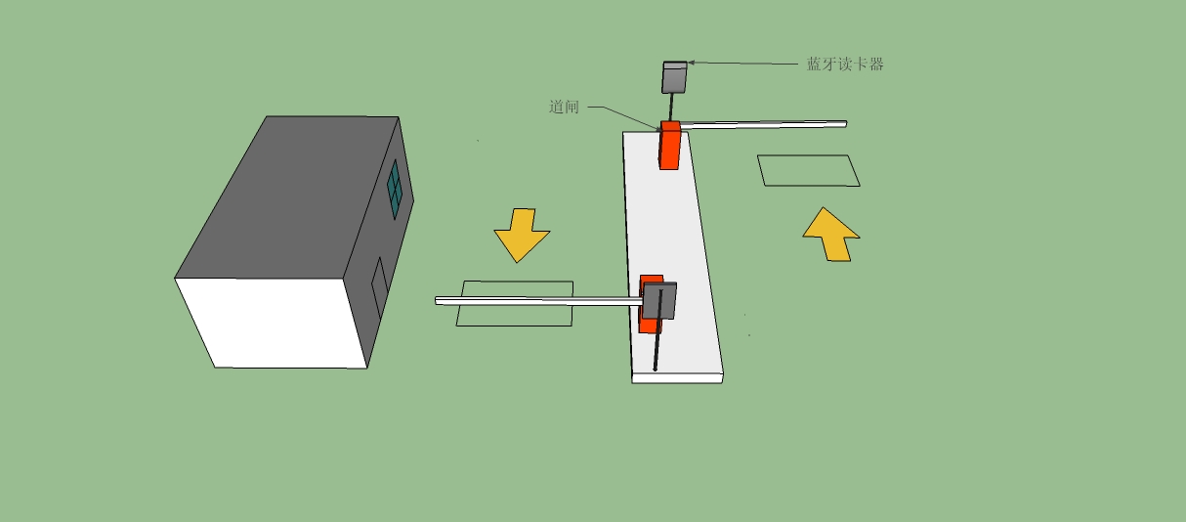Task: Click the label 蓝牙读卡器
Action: pyautogui.click(x=845, y=65)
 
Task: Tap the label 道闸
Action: pyautogui.click(x=564, y=108)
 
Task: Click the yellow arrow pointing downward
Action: pyautogui.click(x=522, y=235)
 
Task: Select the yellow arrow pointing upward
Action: pyautogui.click(x=831, y=235)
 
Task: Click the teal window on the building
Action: pyautogui.click(x=395, y=190)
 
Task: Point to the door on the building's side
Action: pyautogui.click(x=380, y=287)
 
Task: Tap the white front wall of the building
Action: pyautogui.click(x=271, y=323)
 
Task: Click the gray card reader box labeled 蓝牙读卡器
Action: pyautogui.click(x=674, y=77)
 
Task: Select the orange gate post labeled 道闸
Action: pyautogui.click(x=670, y=146)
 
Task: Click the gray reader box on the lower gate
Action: pyautogui.click(x=659, y=301)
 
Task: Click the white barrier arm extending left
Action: pyautogui.click(x=539, y=301)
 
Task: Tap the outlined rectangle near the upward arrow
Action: pyautogui.click(x=809, y=171)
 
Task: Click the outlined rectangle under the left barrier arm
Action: pyautogui.click(x=515, y=303)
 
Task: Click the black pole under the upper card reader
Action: pyautogui.click(x=672, y=108)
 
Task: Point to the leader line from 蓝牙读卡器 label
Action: pyautogui.click(x=742, y=64)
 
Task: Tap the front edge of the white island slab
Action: pyautogui.click(x=677, y=378)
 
